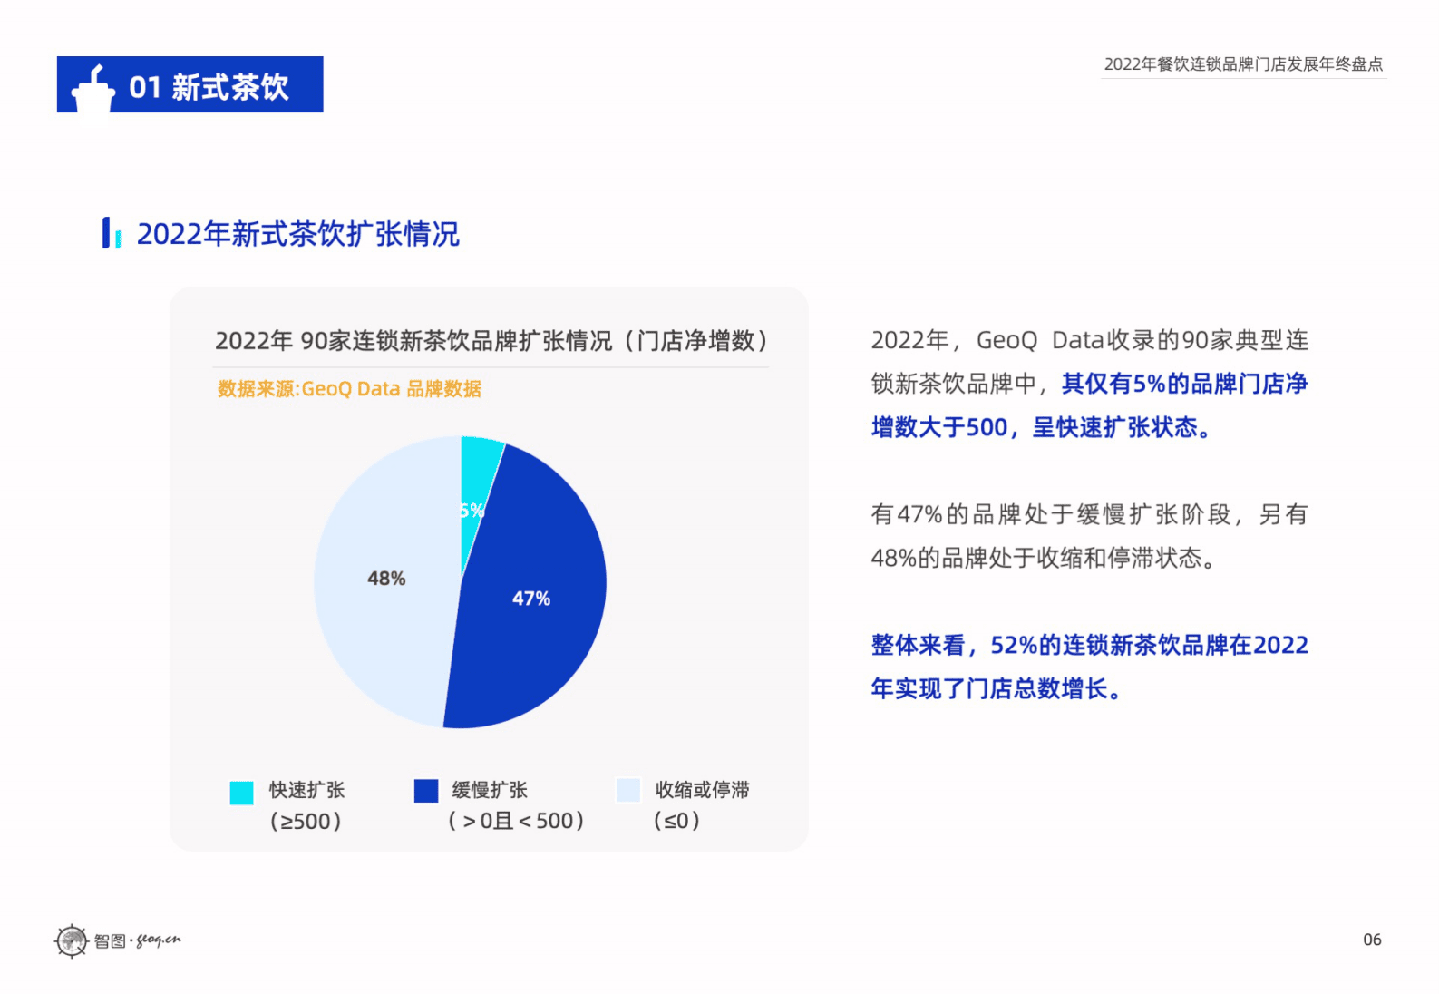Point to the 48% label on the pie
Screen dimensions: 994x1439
coord(386,579)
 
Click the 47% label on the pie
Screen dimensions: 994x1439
coord(531,599)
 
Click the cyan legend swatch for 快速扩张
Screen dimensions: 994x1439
coord(241,793)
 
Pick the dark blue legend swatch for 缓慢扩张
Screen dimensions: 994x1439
coord(426,791)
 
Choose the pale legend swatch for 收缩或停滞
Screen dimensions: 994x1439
coord(628,791)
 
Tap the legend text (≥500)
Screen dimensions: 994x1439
coord(306,822)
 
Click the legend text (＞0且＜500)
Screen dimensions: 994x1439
coord(516,822)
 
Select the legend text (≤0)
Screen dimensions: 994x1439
coord(676,822)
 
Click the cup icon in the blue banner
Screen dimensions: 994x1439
coord(93,88)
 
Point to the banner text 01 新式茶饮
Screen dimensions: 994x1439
coord(209,87)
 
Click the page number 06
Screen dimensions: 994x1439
coord(1372,940)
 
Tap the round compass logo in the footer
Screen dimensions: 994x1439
coord(72,940)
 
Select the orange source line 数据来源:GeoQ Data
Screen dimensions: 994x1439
coord(349,389)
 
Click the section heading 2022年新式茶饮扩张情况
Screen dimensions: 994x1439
coord(297,234)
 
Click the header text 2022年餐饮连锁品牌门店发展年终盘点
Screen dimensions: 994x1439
coord(1243,64)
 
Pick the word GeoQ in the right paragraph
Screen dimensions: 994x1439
coord(1006,341)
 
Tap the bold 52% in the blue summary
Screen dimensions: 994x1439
coord(1013,646)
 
